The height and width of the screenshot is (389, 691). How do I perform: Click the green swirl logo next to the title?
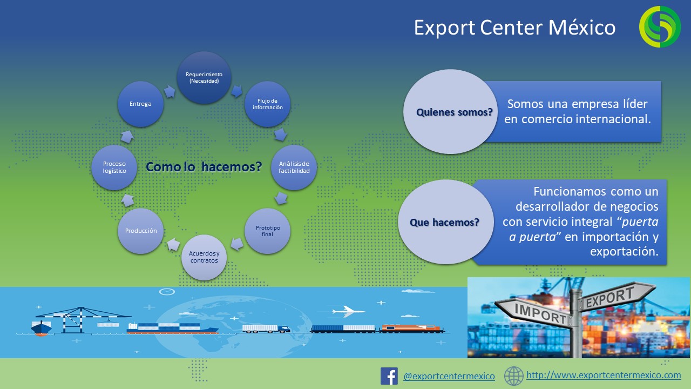click(x=660, y=26)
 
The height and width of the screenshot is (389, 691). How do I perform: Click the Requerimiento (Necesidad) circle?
click(x=204, y=77)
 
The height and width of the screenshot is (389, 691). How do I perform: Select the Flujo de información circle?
click(x=267, y=104)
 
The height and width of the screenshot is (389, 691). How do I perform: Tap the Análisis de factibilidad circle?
click(x=294, y=167)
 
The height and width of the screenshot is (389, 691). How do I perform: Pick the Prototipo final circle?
click(x=267, y=231)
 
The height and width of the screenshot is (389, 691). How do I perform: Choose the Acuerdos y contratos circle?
click(x=204, y=257)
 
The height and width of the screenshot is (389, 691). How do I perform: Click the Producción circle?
click(x=141, y=231)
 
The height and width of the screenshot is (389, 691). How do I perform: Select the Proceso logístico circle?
click(x=114, y=167)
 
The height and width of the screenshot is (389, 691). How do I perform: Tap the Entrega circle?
click(x=141, y=104)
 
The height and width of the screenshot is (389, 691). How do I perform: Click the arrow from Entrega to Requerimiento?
click(x=170, y=91)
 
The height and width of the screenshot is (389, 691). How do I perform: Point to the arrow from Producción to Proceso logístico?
click(x=127, y=200)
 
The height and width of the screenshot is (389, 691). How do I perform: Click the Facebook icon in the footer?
click(x=389, y=376)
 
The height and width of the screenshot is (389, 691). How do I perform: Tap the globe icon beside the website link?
click(x=513, y=376)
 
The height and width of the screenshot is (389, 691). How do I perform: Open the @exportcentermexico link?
click(x=449, y=376)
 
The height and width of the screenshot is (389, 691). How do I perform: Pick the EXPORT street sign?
click(x=615, y=296)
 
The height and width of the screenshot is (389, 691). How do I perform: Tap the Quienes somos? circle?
click(x=451, y=111)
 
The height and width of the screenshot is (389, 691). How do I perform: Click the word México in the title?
click(x=582, y=28)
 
